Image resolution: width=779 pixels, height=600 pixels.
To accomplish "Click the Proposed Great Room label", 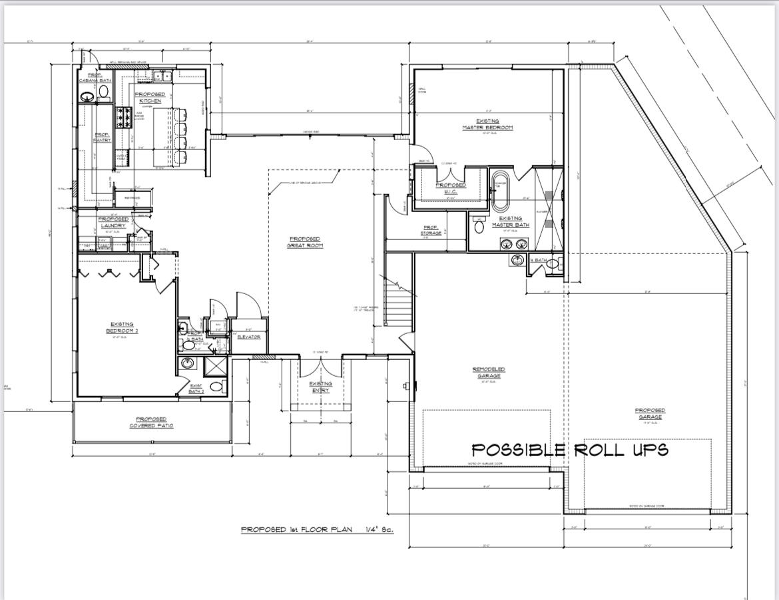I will (304, 242).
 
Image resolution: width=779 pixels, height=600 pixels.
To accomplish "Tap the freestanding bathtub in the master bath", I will (499, 192).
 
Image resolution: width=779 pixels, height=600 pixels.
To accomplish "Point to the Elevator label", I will (248, 337).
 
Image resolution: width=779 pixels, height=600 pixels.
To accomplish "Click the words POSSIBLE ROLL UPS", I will (569, 450).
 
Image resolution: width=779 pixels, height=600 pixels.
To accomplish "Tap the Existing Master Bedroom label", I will (488, 124).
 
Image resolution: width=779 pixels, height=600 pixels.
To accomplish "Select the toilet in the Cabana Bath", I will (104, 90).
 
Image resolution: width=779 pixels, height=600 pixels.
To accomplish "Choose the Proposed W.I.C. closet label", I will (450, 188).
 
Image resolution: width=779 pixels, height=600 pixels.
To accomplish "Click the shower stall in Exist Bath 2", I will (214, 367).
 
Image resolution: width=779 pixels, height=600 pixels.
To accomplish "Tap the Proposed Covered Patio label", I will (151, 423).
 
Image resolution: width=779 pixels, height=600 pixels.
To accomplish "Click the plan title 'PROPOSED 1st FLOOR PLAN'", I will (296, 529).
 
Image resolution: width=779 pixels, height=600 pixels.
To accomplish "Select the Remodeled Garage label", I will (488, 372).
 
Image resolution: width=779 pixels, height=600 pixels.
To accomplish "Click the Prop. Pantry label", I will (102, 137).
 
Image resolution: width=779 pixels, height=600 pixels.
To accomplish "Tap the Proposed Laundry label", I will (113, 222).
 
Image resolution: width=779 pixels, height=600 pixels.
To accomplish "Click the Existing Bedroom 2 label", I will (122, 327).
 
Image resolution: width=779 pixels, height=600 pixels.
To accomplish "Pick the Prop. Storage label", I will (431, 230).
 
